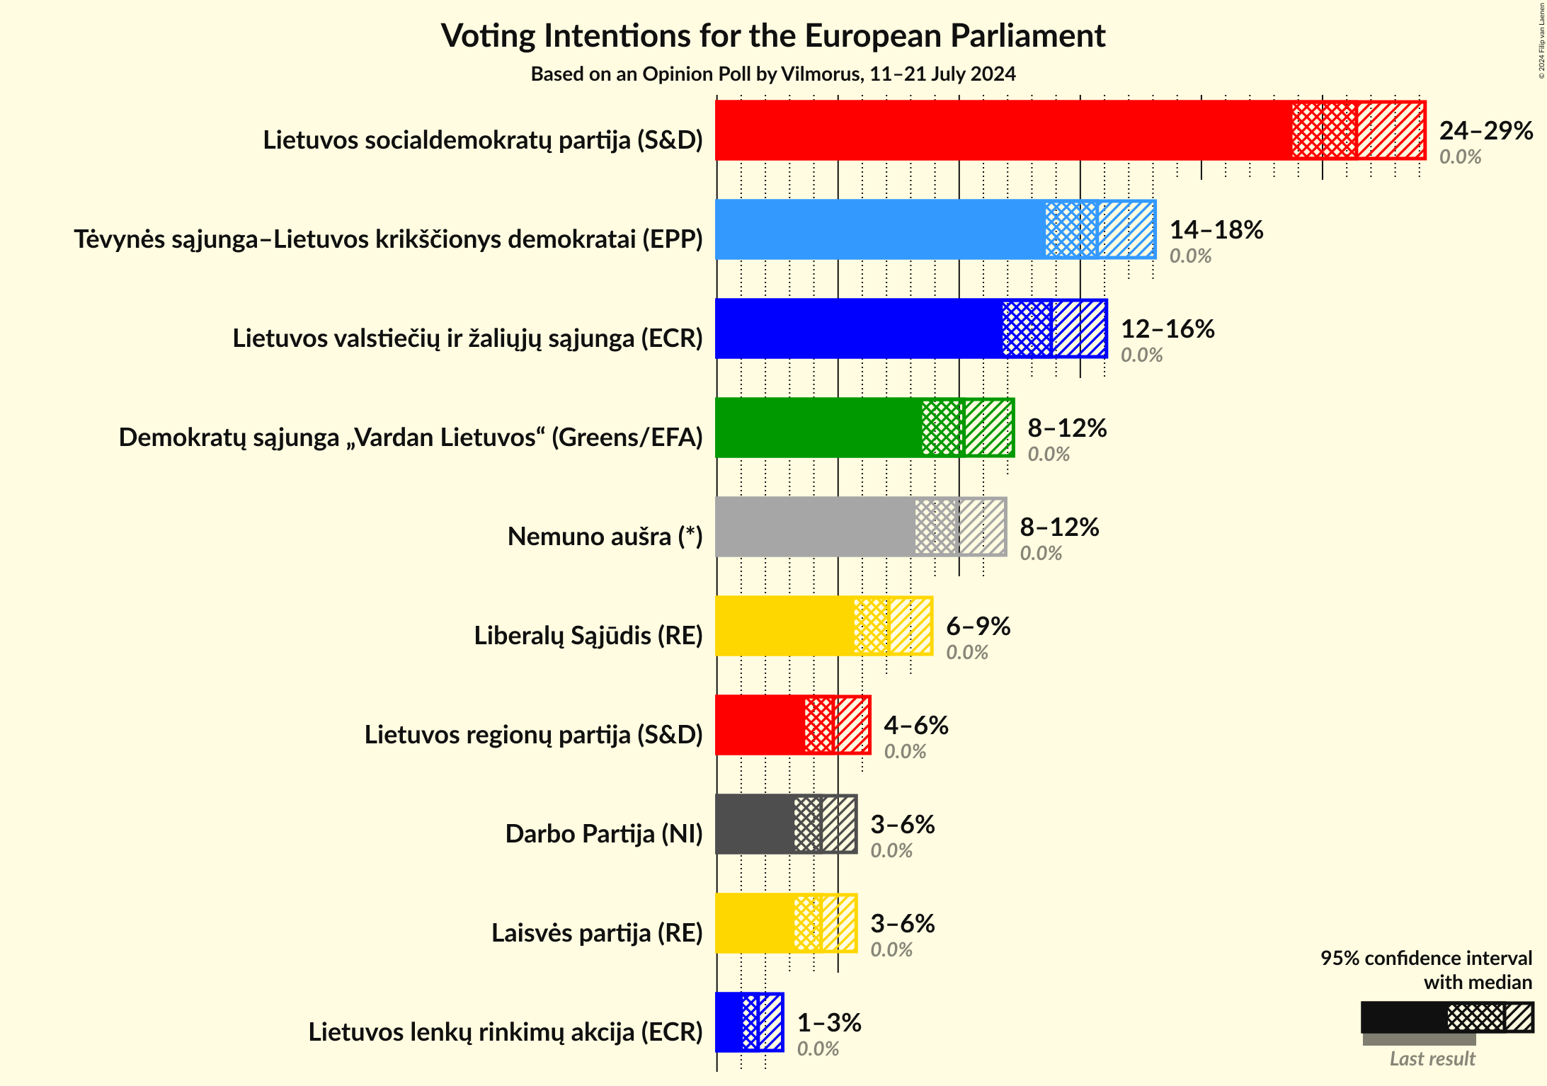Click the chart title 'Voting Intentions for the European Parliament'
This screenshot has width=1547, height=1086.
coord(773,35)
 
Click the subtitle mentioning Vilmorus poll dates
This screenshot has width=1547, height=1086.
coord(773,74)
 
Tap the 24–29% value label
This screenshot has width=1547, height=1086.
coord(1485,130)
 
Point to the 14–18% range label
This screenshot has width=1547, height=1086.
coord(1216,229)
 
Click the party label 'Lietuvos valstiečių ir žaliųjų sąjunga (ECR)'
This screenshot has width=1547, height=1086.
coord(467,338)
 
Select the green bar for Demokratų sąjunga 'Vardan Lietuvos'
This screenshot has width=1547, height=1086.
coord(818,428)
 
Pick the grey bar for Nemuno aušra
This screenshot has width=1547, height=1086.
coord(814,527)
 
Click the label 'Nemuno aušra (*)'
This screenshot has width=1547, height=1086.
coord(605,537)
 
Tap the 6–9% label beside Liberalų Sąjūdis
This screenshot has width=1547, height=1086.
coord(978,626)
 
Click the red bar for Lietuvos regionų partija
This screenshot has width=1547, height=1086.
coord(760,725)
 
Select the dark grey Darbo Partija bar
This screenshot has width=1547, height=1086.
coord(755,824)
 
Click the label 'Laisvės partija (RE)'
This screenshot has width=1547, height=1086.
coord(596,933)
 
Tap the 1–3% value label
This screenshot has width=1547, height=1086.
coord(828,1022)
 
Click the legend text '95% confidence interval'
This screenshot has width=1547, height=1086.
coord(1425,958)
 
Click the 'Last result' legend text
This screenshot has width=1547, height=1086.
coord(1432,1058)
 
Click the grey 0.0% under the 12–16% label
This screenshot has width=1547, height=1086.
coord(1141,355)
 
